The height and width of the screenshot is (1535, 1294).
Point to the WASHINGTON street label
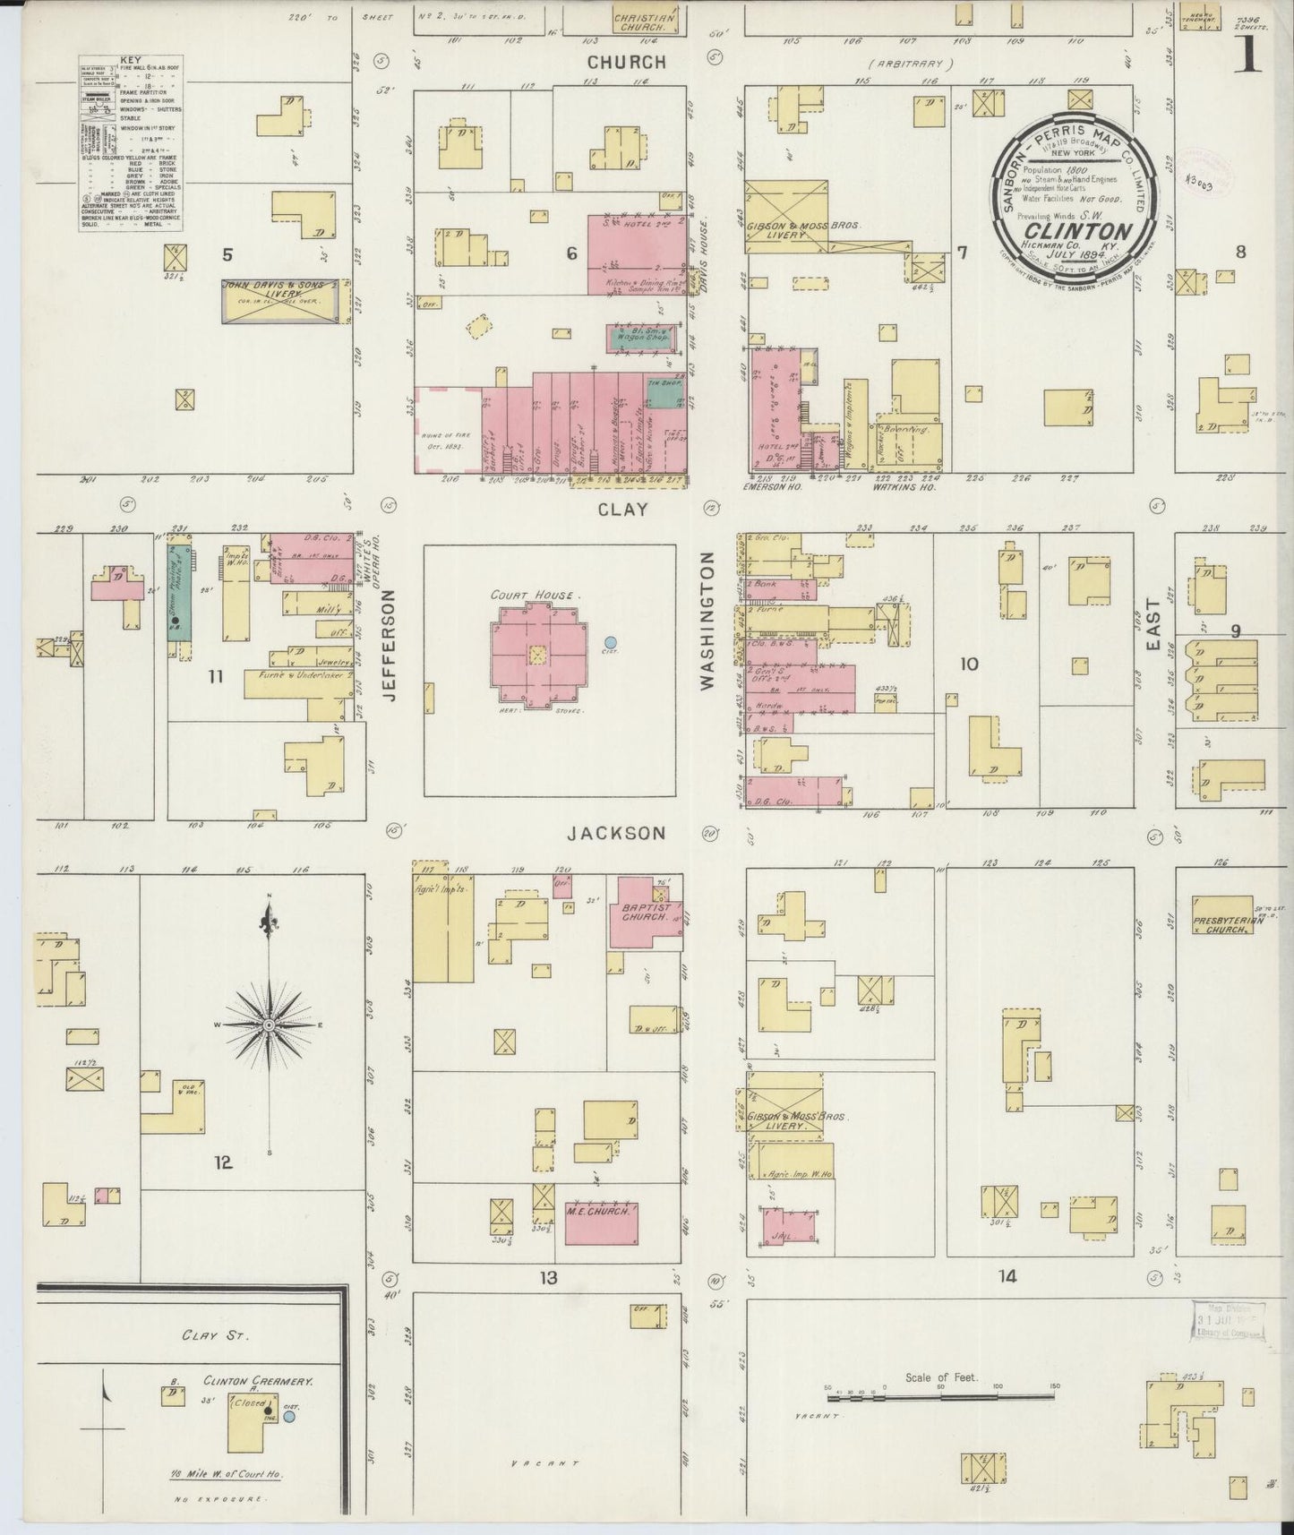coord(707,620)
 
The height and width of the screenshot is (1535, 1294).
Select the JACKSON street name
coord(617,833)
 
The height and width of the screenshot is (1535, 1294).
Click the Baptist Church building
coord(642,912)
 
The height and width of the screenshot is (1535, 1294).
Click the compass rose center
coord(268,1024)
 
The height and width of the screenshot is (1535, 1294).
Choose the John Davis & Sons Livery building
coord(280,300)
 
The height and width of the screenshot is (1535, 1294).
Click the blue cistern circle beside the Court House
coord(610,641)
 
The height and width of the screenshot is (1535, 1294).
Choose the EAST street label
coord(1152,623)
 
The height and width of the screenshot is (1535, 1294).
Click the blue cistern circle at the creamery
coord(289,1417)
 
